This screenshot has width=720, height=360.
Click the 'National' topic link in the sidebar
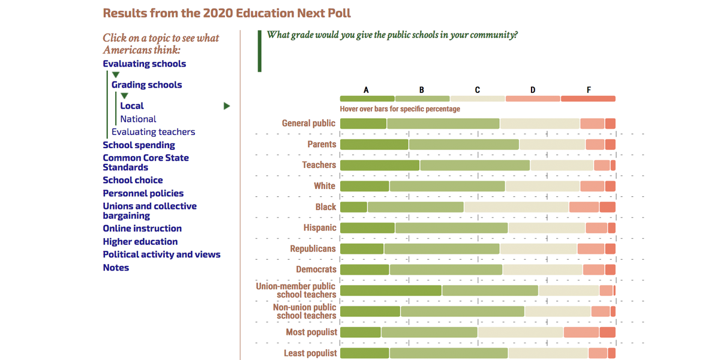point(138,119)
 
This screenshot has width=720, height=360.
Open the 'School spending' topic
point(139,145)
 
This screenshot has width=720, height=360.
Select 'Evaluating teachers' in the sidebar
point(153,132)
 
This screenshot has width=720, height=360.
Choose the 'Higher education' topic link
point(140,241)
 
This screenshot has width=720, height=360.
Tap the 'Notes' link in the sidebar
point(116,268)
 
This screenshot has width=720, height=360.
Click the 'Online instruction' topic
point(142,228)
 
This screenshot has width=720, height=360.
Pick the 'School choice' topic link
point(133,180)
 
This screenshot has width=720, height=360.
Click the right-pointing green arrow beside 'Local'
point(227,106)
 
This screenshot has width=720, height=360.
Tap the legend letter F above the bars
point(589,90)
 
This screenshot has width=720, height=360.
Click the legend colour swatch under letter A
point(367,98)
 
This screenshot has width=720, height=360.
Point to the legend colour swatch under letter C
point(478,98)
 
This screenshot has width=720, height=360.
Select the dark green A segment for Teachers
point(380,165)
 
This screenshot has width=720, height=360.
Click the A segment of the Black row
point(353,207)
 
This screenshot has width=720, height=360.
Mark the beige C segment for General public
point(540,124)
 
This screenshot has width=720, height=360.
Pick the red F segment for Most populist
point(607,332)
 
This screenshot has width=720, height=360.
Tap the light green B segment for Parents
point(464,145)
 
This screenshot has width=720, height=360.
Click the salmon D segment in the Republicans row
point(591,249)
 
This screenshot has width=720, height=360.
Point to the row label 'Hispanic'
point(320,228)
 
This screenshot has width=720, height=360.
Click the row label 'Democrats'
point(316,269)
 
